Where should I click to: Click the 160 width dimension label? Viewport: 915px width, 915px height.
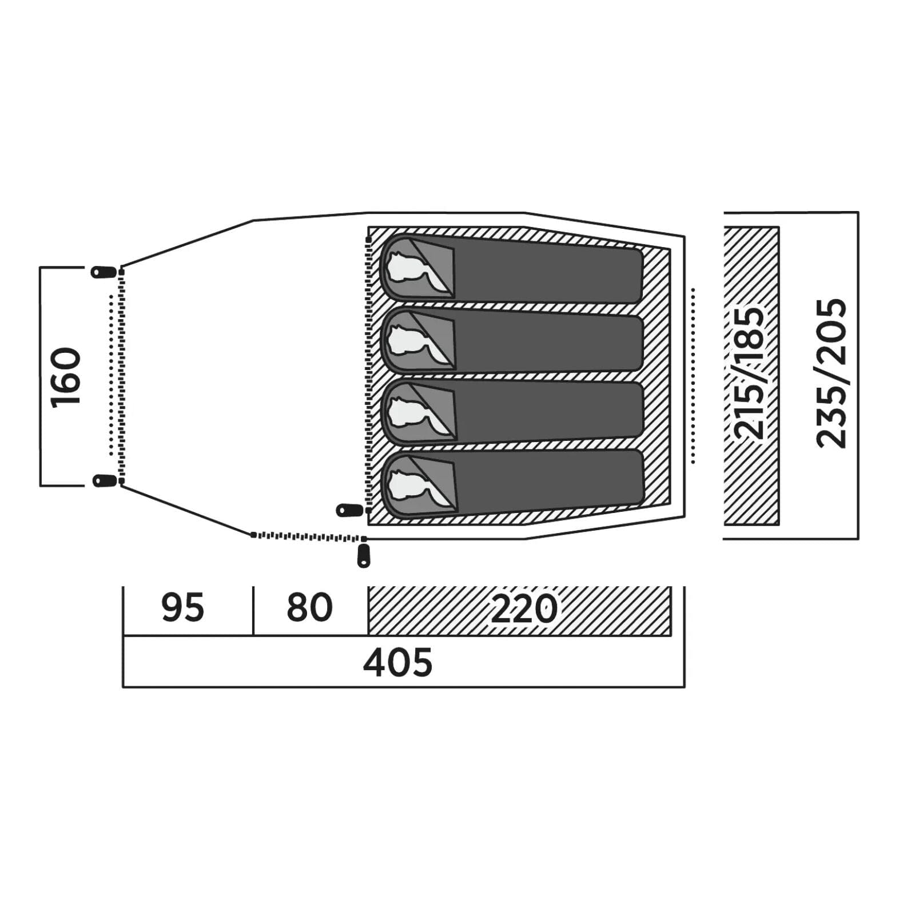click(x=66, y=377)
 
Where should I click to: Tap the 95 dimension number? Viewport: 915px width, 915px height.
click(x=182, y=607)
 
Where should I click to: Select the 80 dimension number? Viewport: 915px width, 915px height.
click(x=309, y=607)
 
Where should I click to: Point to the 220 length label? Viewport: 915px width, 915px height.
click(x=524, y=608)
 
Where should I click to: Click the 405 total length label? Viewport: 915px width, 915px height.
click(x=398, y=663)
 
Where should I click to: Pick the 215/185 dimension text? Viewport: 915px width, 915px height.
click(x=749, y=373)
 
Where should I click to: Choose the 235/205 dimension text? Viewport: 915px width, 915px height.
click(x=830, y=373)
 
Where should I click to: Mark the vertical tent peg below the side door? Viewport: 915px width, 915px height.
click(x=363, y=556)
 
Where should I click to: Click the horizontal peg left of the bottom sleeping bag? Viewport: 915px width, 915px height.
click(x=349, y=510)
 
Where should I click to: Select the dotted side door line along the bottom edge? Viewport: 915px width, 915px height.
click(x=309, y=536)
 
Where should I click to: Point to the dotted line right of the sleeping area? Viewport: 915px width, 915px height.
click(x=693, y=376)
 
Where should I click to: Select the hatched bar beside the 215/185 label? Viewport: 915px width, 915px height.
click(x=751, y=376)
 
